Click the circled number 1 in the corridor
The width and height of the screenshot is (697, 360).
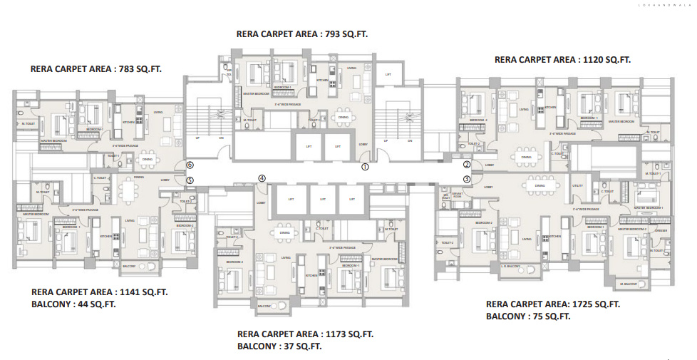coord(365,168)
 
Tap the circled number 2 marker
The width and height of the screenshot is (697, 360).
coord(467,165)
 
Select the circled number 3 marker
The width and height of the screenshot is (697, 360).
coord(467,180)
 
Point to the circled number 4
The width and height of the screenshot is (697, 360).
coord(262,179)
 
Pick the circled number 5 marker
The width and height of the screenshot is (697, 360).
coord(190,180)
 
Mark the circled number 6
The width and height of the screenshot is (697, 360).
coord(190,165)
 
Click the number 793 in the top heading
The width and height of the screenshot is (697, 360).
coord(331,34)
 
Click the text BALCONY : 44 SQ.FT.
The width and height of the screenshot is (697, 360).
coord(73,304)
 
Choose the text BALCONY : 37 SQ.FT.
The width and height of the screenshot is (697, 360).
coord(279,346)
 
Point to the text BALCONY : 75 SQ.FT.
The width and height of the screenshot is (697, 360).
coord(528,316)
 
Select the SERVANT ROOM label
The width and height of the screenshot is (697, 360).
coord(457,195)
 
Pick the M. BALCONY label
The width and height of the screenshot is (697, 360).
coord(628,284)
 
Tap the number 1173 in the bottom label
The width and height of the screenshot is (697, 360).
coord(335,334)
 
